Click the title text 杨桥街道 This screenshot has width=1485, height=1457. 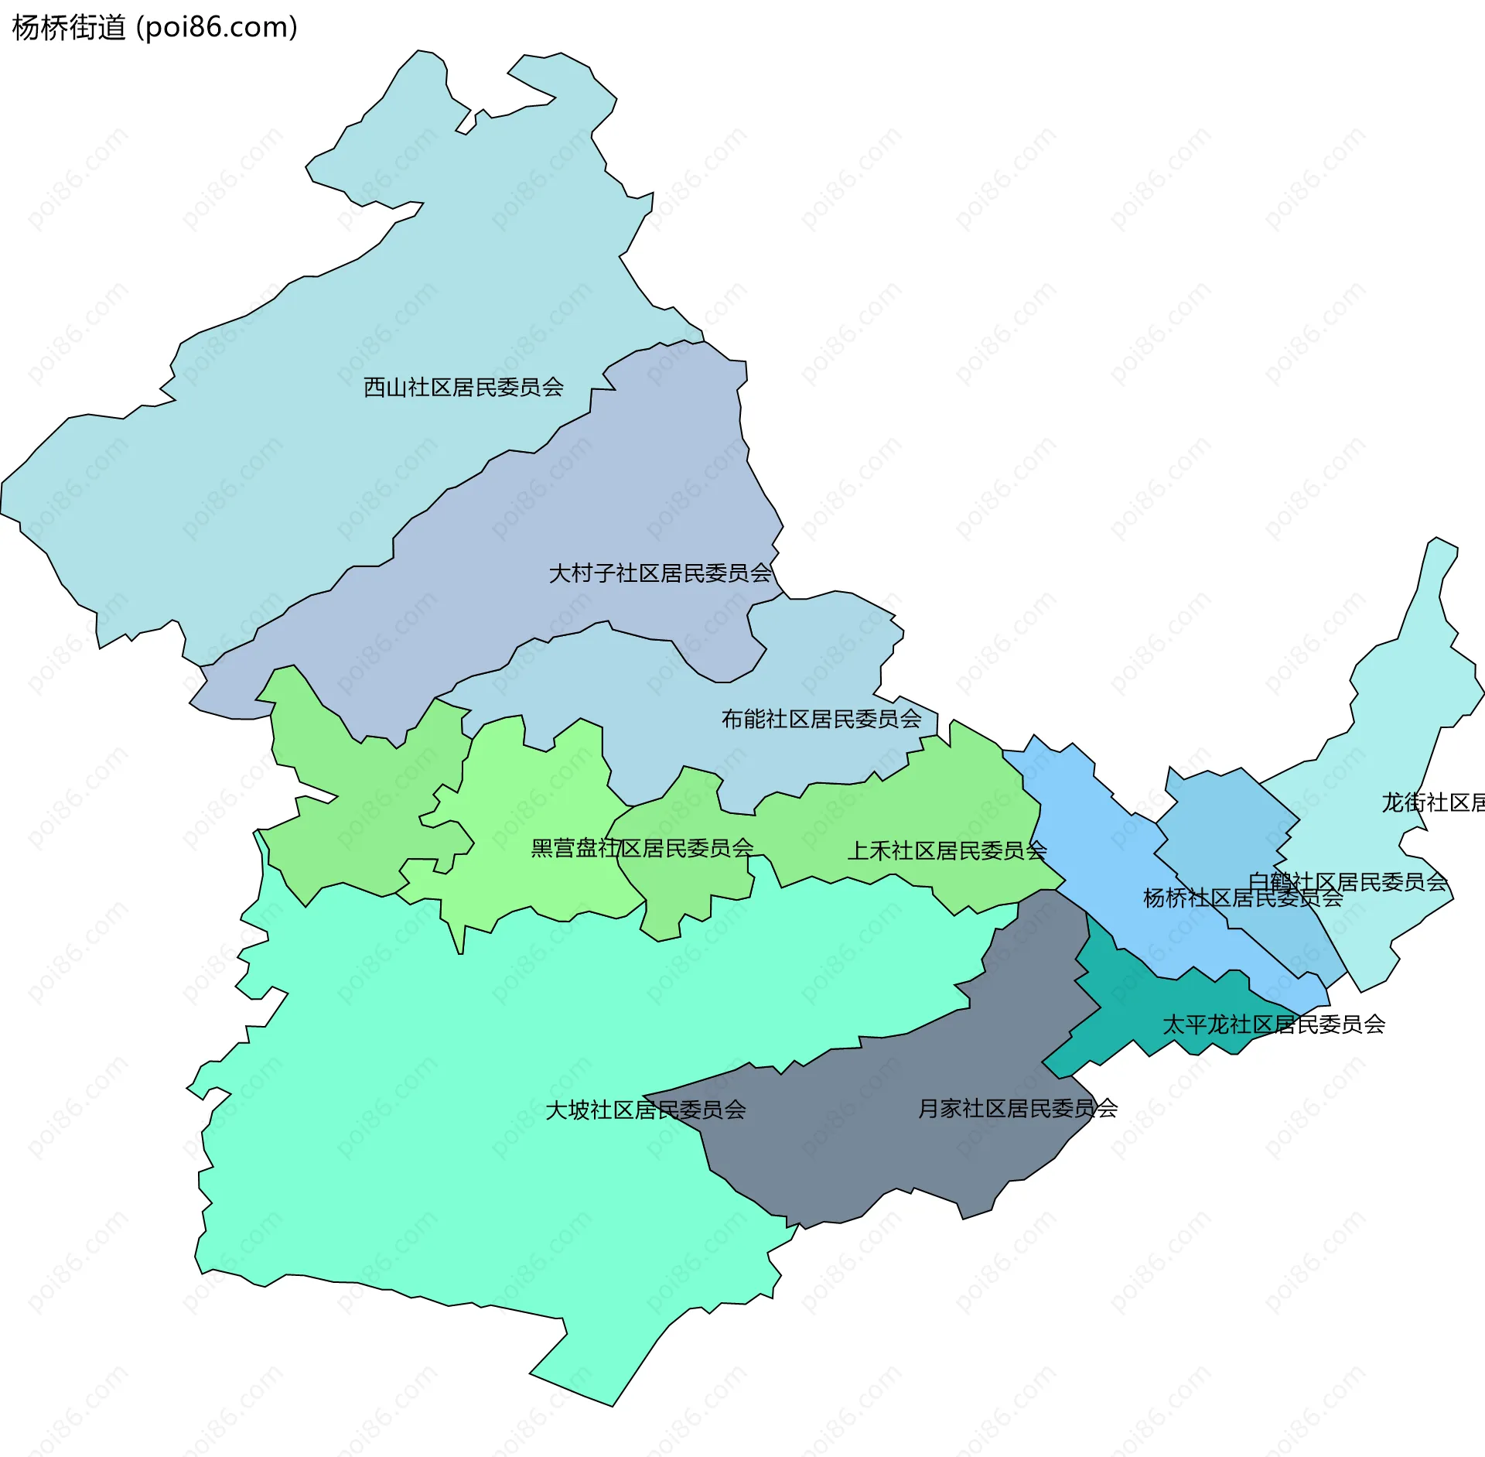coord(68,28)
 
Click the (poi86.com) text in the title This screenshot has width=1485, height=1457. coord(216,28)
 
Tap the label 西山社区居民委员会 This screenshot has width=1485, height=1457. coord(463,387)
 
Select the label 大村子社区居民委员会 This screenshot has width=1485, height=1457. coord(660,573)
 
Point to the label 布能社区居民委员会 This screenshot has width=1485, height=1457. coord(821,719)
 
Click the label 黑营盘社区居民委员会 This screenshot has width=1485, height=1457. coord(642,848)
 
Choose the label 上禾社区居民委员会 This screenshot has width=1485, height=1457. coord(947,850)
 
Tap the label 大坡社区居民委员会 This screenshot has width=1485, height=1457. coord(645,1110)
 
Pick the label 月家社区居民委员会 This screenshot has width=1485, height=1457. coord(1017,1109)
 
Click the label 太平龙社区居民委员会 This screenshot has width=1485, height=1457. coord(1273,1024)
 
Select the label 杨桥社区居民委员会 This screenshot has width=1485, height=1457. coord(1242,898)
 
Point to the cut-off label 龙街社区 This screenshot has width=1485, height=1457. coord(1432,802)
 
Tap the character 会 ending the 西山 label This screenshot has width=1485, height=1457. coord(553,387)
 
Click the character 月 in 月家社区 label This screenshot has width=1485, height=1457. coord(928,1109)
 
